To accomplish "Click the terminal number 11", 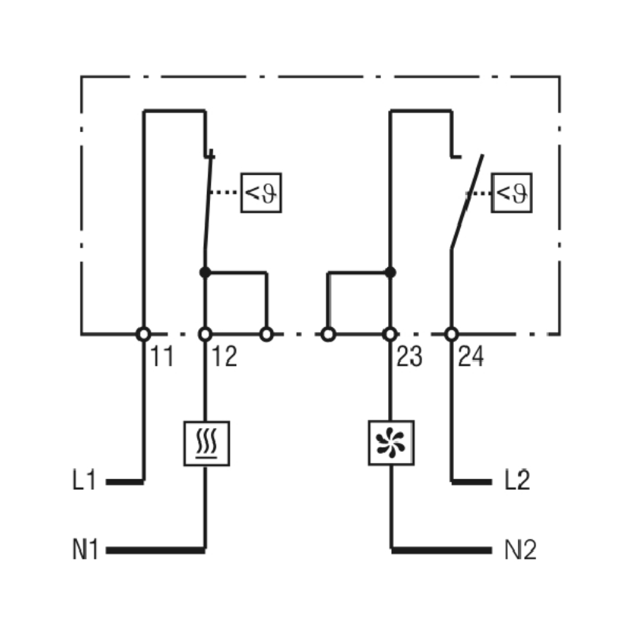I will pos(162,358).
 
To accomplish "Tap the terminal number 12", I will pos(224,358).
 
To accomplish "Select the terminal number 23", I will pos(409,358).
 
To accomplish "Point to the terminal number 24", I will pos(471,358).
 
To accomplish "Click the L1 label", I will pos(84,482).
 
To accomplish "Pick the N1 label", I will pos(85,549).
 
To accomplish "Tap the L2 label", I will pos(517,482).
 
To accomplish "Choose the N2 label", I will pos(520,549).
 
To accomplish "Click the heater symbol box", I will pos(206,443).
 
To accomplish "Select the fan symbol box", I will pos(391,443).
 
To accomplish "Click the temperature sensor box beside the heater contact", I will pos(260,192).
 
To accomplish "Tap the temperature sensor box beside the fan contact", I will pos(511,192).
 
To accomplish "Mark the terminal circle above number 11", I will pos(144,334).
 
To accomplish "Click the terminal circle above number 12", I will pos(205,334).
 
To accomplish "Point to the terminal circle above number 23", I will pos(391,334).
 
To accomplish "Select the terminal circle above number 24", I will pos(451,334).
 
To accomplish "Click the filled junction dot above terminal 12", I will pos(204,272).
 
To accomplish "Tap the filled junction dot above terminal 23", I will pos(391,272).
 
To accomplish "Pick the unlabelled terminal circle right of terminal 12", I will pos(266,334).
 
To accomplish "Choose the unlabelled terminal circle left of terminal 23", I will pos(328,334).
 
